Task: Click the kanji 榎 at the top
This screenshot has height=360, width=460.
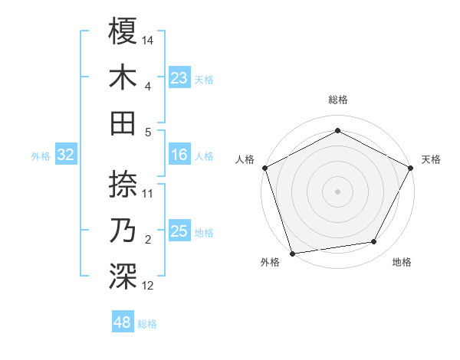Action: click(x=123, y=31)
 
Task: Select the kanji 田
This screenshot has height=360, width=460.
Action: click(x=123, y=123)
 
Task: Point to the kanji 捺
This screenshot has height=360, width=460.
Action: click(x=123, y=184)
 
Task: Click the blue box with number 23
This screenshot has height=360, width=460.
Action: click(x=179, y=78)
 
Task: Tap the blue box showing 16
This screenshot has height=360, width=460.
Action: click(x=179, y=155)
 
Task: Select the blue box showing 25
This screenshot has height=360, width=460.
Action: click(x=179, y=231)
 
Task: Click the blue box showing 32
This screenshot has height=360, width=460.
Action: click(x=66, y=155)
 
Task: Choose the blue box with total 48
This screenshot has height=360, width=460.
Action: click(x=123, y=322)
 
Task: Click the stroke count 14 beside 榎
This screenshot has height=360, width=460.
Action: click(x=148, y=40)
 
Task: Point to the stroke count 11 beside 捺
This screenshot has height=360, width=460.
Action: click(x=148, y=193)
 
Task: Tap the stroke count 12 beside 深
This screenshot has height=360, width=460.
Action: click(x=148, y=286)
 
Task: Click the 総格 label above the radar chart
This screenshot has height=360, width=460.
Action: click(x=337, y=100)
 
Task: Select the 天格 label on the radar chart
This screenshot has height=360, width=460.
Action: click(x=431, y=159)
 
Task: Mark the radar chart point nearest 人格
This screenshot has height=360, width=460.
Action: click(x=264, y=168)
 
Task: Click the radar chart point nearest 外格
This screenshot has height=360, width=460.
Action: click(x=292, y=253)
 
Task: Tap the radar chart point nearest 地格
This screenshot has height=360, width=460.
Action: click(x=374, y=242)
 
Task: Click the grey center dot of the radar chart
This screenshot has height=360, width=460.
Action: click(x=337, y=191)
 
